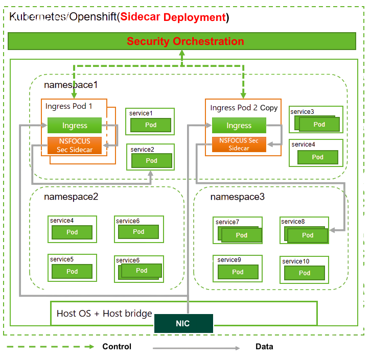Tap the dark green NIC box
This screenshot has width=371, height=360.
[x=183, y=324]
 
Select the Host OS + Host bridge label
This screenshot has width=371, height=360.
[x=104, y=314]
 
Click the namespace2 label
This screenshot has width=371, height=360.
[x=71, y=196]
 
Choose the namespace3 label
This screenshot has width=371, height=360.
[x=237, y=196]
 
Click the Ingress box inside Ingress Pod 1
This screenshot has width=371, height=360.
[x=75, y=126]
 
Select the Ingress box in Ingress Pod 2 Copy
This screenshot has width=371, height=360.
[x=239, y=126]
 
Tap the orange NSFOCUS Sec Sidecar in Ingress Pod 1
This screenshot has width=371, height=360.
[x=75, y=146]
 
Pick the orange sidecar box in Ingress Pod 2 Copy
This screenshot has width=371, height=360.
[x=239, y=145]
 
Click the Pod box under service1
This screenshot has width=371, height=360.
[x=150, y=125]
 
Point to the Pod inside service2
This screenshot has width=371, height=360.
[x=151, y=160]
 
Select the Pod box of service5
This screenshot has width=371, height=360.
[x=72, y=271]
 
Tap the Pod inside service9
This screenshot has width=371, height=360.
[x=238, y=272]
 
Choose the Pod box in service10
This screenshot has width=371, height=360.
[x=305, y=273]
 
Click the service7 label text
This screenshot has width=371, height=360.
[x=227, y=222]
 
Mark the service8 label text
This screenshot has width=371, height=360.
[x=293, y=222]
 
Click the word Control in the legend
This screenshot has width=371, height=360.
[x=117, y=347]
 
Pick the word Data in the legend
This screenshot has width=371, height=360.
[x=264, y=347]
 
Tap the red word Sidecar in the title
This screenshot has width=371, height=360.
[x=140, y=17]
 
